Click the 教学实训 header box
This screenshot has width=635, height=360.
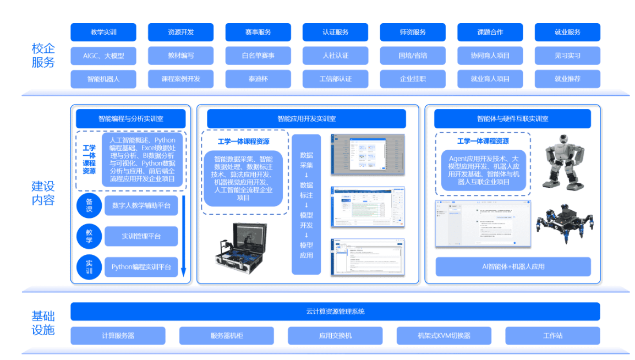coord(103,32)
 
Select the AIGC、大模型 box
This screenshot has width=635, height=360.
coord(103,56)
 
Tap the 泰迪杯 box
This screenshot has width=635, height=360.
coord(258,79)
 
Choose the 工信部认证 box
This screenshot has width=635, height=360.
coord(335,79)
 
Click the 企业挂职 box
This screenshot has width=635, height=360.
coord(413,79)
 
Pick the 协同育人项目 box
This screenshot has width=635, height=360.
coord(490,56)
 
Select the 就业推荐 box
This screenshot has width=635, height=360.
coord(567,79)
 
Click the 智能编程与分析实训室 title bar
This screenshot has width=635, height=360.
coord(131,118)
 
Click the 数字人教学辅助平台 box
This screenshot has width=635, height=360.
coord(141,206)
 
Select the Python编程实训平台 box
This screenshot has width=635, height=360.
coord(141,267)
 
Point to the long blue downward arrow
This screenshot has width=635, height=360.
coord(184,237)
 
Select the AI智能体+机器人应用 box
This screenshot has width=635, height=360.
coord(513,266)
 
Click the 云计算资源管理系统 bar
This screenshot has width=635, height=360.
coord(335,312)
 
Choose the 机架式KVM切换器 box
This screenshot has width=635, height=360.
coord(444,335)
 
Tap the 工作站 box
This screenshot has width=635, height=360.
coord(552,335)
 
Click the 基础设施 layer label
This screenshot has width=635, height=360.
coord(43,323)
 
